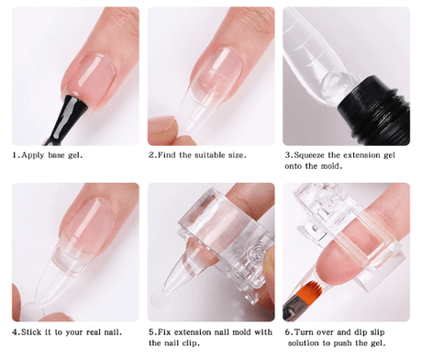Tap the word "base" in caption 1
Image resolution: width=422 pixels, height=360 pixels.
(x=56, y=155)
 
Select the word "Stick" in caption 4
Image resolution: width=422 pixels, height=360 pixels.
(x=31, y=332)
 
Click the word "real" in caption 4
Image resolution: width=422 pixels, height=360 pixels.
(x=94, y=332)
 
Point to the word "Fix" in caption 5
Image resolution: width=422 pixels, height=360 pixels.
(x=164, y=332)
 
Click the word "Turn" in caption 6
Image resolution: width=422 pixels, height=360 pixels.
(x=304, y=332)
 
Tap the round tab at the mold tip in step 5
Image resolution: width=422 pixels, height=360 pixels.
(x=159, y=298)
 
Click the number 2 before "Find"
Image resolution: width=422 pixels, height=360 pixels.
(x=151, y=155)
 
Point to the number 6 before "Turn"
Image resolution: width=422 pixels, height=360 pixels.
(x=288, y=332)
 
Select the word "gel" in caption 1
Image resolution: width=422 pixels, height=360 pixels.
(x=75, y=155)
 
